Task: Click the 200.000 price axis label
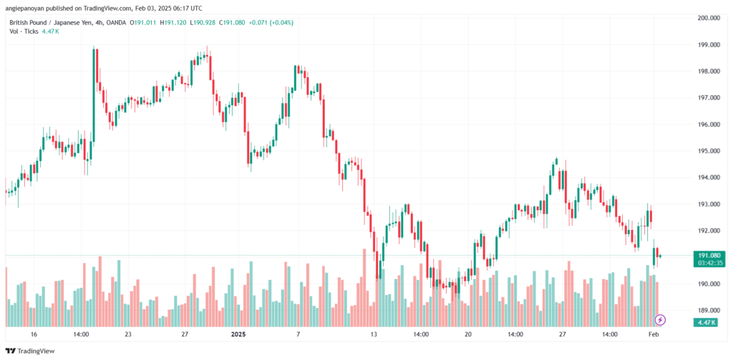click(x=709, y=18)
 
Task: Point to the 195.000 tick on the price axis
click(x=709, y=151)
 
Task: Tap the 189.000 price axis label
click(x=709, y=311)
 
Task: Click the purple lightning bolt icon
click(x=660, y=320)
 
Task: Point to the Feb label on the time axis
click(x=654, y=334)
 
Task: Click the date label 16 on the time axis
click(x=34, y=334)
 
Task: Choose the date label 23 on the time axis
click(x=128, y=334)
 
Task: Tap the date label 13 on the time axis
click(x=374, y=334)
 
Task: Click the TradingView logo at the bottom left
click(x=30, y=351)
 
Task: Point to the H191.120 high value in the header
click(x=172, y=22)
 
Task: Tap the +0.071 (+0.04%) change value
click(x=271, y=22)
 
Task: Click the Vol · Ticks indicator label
click(x=24, y=31)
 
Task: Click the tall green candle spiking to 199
click(x=94, y=94)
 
